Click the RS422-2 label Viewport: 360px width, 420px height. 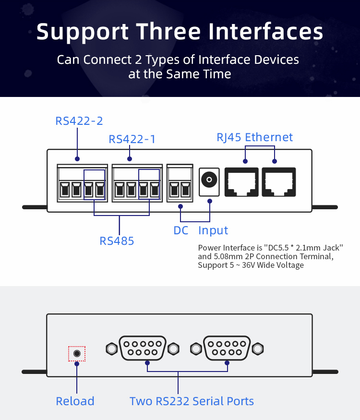(x=79, y=121)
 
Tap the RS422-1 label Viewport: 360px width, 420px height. (x=132, y=139)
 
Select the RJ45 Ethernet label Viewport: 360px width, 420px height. (x=254, y=137)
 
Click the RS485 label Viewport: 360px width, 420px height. (x=117, y=241)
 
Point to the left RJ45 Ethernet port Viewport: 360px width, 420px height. (x=241, y=182)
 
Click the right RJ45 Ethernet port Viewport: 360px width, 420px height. (x=279, y=182)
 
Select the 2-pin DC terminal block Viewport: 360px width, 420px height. (x=180, y=183)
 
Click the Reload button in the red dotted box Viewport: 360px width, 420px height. (x=77, y=354)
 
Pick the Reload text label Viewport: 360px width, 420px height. (x=75, y=401)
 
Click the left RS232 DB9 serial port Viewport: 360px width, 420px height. (x=143, y=348)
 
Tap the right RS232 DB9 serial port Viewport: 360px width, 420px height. (x=227, y=348)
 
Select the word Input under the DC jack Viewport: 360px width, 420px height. (x=213, y=230)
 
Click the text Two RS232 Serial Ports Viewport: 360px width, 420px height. (x=192, y=401)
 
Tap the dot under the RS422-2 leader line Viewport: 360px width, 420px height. (x=77, y=159)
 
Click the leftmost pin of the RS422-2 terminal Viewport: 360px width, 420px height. (x=65, y=190)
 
